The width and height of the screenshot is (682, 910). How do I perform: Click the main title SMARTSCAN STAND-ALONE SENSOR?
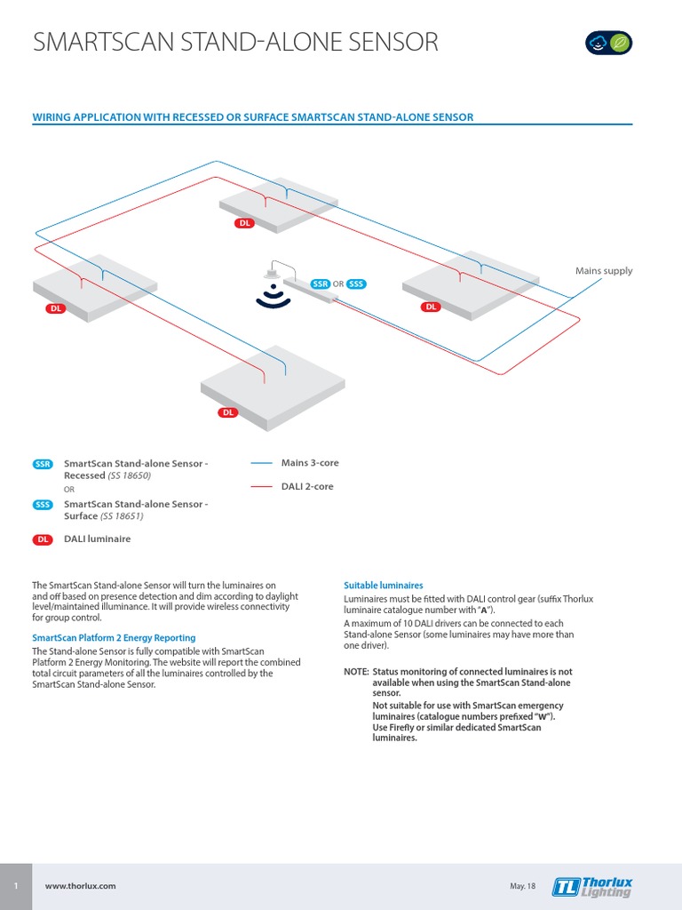[x=234, y=43]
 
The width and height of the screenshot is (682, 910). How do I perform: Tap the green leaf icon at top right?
[x=623, y=43]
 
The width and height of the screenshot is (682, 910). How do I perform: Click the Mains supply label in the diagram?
[x=604, y=271]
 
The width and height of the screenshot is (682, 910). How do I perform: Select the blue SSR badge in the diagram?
[x=321, y=283]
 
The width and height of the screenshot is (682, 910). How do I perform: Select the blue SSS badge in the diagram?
[x=356, y=283]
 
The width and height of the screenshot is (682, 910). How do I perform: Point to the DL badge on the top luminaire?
[x=245, y=223]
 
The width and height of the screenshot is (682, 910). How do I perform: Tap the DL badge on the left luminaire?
[x=56, y=308]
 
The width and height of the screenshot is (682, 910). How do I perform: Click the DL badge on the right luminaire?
[x=431, y=307]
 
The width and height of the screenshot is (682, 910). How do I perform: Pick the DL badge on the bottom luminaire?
[x=228, y=412]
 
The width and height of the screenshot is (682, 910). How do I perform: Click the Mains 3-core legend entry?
[x=309, y=463]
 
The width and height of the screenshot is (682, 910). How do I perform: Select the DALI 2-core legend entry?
[x=307, y=486]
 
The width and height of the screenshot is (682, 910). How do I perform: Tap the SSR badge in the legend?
[x=43, y=464]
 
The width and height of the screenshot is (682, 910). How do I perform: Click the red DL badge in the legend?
[x=43, y=539]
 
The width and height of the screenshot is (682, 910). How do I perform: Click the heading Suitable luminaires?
[x=383, y=586]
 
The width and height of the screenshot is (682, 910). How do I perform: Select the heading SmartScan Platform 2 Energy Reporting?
[x=114, y=638]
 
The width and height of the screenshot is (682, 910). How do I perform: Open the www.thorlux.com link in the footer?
[x=80, y=886]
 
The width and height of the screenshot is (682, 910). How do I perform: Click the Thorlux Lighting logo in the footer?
[x=592, y=886]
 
